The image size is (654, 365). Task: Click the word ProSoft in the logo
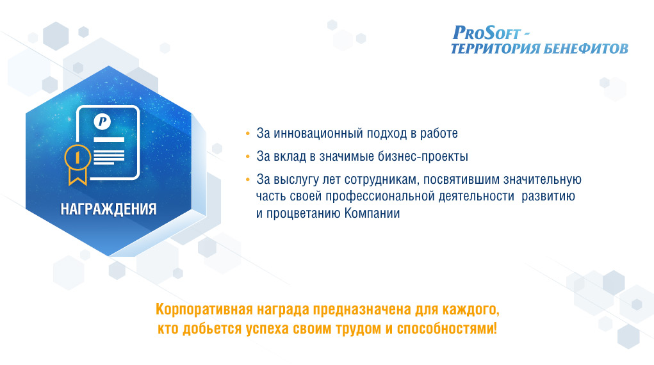click(487, 33)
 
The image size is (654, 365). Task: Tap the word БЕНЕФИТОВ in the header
click(585, 49)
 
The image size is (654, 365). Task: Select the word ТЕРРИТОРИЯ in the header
click(495, 49)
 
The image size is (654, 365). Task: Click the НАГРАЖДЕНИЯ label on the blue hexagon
click(108, 209)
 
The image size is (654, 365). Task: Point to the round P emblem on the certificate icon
click(102, 122)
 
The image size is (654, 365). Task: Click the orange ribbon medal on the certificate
click(78, 164)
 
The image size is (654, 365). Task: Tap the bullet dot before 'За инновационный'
click(248, 133)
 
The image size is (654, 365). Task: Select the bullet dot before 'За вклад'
click(248, 157)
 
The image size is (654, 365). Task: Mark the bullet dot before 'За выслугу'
click(248, 180)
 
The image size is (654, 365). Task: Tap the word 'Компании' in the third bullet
click(372, 213)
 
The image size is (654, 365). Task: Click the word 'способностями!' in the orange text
click(446, 328)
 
